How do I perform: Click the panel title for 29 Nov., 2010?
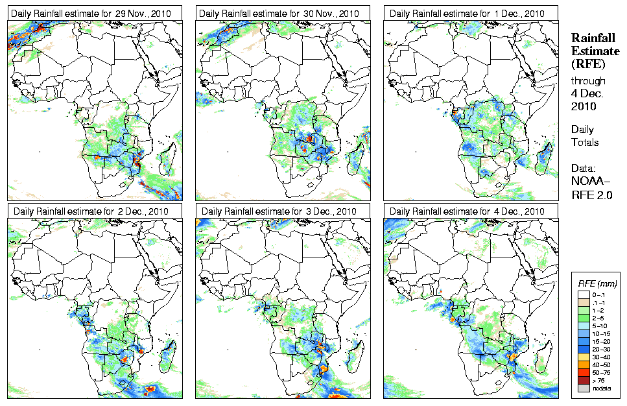pos(95,14)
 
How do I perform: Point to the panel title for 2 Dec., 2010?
pos(95,211)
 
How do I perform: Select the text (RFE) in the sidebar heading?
pos(587,64)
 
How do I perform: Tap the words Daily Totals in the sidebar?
pos(585,136)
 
